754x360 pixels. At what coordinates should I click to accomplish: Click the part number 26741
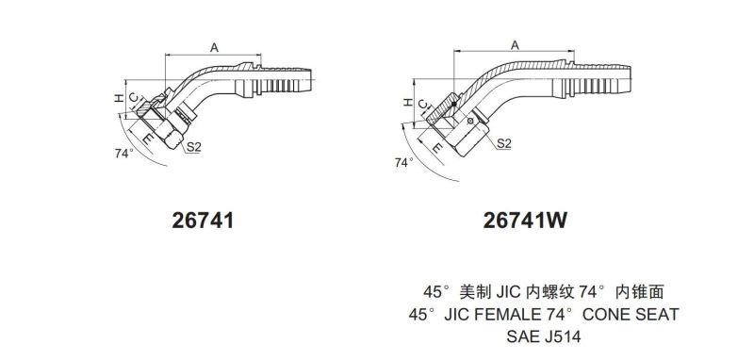point(203,221)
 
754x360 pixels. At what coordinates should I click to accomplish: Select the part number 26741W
point(525,221)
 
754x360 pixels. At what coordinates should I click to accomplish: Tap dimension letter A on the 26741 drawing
point(215,47)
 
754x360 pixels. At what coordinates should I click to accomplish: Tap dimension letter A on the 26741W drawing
point(515,45)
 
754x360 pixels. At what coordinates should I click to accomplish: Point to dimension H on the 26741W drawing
point(407,102)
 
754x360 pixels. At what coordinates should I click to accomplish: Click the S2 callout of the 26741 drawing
point(193,147)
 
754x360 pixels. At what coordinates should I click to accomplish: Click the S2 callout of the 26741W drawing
point(503,142)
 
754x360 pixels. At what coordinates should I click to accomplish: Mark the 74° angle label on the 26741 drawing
point(124,154)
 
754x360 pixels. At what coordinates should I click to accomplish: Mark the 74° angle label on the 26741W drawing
point(404,162)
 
